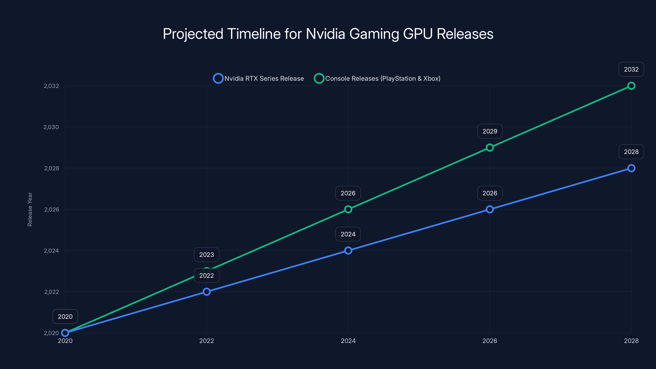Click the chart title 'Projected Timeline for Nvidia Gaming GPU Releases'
[328, 34]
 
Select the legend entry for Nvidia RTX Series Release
[259, 79]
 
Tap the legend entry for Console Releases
[377, 79]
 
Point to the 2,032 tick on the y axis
[51, 86]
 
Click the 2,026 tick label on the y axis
[51, 210]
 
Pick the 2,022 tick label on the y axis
[51, 292]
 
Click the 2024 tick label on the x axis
[348, 341]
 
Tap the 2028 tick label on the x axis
[631, 341]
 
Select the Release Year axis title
[30, 209]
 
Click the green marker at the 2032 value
[631, 86]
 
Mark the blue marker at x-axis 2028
[631, 168]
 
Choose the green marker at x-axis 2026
[490, 147]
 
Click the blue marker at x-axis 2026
[490, 209]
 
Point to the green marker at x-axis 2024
[348, 209]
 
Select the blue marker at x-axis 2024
[348, 251]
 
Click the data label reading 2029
[490, 131]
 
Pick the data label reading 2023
[206, 255]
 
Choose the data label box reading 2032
[631, 69]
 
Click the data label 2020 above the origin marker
[65, 317]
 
